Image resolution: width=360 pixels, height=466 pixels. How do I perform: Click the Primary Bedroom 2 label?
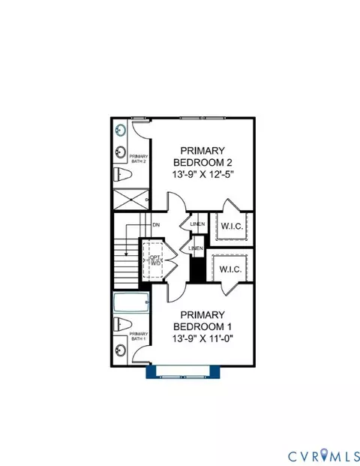(202, 157)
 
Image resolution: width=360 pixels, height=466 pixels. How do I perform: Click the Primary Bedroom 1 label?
(202, 320)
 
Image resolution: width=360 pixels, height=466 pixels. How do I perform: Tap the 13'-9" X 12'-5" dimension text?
(203, 174)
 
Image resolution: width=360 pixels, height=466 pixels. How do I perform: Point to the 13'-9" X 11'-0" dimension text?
(202, 338)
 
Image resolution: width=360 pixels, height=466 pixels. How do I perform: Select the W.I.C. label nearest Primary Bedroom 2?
(232, 226)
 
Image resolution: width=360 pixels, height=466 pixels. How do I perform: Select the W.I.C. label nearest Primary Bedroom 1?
(230, 269)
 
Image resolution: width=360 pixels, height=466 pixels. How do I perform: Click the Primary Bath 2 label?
(139, 158)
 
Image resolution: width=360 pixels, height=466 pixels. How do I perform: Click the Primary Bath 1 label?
(139, 336)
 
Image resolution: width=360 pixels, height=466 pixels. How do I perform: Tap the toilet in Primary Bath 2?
(123, 175)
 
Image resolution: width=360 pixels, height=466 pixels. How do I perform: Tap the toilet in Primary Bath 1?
(123, 324)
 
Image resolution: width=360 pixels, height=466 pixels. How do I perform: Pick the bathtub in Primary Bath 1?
(131, 302)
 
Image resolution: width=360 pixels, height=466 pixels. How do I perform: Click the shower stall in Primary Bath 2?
(131, 200)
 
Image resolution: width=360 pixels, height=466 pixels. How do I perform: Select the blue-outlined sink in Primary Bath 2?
(121, 130)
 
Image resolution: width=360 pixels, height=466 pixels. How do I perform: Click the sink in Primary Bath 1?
(121, 350)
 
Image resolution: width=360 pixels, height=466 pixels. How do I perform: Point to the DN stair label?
(156, 225)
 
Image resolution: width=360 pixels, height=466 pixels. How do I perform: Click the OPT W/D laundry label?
(155, 260)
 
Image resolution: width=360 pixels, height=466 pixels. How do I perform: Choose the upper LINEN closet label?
(197, 224)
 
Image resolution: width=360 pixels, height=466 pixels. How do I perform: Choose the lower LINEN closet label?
(196, 248)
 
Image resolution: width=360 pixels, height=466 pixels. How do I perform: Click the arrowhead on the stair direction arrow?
(127, 254)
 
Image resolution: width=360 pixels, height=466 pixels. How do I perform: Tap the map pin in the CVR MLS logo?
(324, 455)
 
